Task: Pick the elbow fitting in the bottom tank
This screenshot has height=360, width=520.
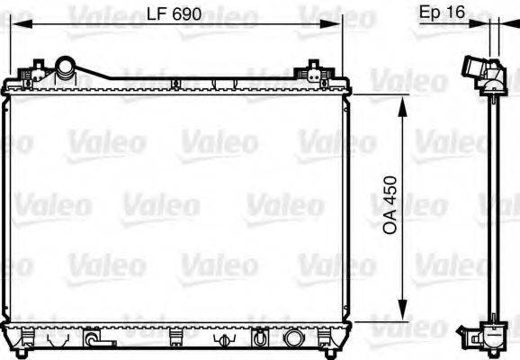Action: pos(93,340)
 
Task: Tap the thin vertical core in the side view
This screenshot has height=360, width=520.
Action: pos(494,207)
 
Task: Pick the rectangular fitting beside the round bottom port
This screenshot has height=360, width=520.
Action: pos(258,339)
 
